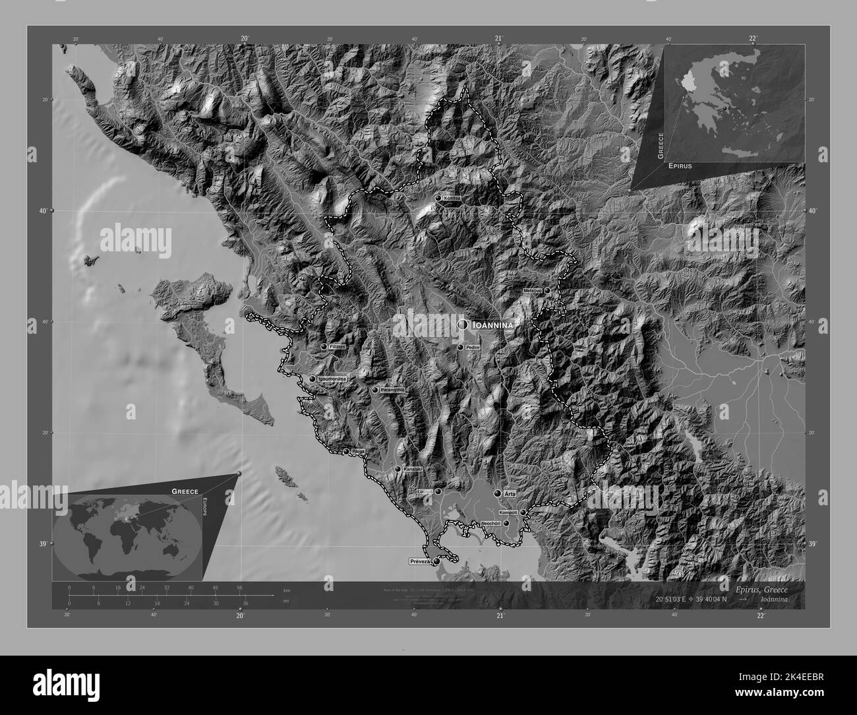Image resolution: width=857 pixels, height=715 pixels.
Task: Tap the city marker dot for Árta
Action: [x=498, y=493]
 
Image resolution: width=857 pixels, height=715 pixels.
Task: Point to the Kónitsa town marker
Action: [x=438, y=198]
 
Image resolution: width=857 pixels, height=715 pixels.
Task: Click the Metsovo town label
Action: [x=532, y=290]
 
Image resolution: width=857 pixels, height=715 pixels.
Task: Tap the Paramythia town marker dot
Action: [x=375, y=390]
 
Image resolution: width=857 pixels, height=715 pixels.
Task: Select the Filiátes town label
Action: [x=338, y=346]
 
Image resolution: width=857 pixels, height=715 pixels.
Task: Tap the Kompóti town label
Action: [x=508, y=513]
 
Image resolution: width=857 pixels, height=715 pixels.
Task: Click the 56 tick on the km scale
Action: [x=239, y=587]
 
